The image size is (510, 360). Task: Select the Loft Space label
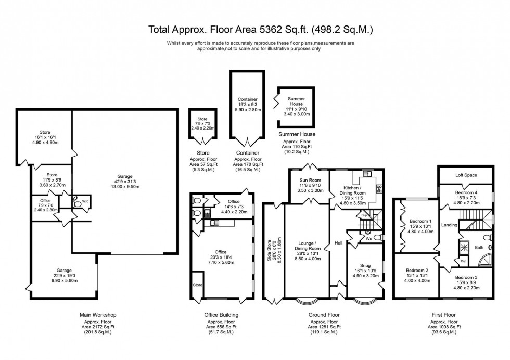click(x=466, y=175)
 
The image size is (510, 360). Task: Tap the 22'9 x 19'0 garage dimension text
click(x=63, y=276)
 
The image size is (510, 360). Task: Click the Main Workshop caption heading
click(x=97, y=315)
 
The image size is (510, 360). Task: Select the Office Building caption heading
click(x=221, y=315)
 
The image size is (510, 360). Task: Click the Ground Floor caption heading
click(x=324, y=315)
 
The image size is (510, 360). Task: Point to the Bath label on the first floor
click(x=479, y=247)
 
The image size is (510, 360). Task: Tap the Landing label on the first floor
click(x=449, y=225)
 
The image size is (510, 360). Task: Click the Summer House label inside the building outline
click(x=296, y=100)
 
